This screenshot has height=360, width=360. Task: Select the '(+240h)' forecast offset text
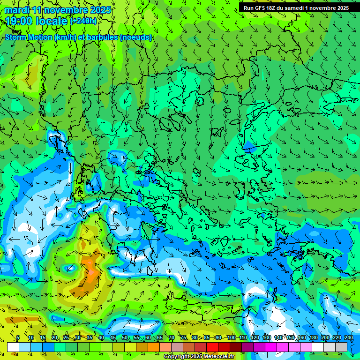(x=84, y=21)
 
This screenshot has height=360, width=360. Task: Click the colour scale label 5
(x=18, y=338)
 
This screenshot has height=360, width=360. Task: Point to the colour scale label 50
(x=124, y=338)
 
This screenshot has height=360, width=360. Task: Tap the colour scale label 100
(x=231, y=338)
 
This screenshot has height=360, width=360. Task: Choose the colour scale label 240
(x=348, y=338)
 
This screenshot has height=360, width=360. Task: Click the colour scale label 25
(x=66, y=338)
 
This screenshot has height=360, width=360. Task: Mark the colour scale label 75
(x=183, y=338)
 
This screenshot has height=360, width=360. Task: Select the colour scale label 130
(x=266, y=338)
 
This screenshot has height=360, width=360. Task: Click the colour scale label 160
(x=301, y=338)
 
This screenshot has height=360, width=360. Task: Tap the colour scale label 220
(x=337, y=338)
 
